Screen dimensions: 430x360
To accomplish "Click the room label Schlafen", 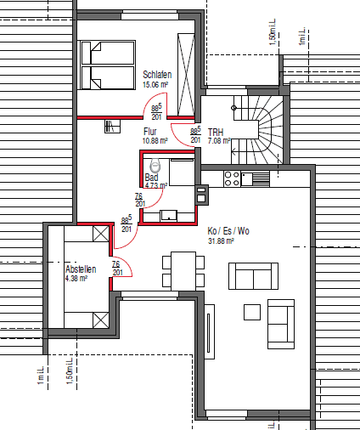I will (158, 75).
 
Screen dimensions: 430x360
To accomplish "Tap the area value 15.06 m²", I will (158, 85).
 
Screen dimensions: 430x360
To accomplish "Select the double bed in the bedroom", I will (108, 65).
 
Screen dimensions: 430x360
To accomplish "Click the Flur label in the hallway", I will (150, 131).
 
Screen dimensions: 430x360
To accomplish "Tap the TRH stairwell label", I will (216, 133).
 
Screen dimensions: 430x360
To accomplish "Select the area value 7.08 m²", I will (219, 143).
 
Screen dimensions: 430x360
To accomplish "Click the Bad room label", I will (151, 178).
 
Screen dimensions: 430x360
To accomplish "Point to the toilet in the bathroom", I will (155, 164).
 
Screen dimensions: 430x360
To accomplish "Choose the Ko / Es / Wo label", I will (228, 231).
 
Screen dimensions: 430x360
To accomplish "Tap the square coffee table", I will (251, 312).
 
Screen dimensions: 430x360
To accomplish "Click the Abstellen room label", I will (82, 269).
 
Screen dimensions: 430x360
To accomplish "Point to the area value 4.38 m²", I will (78, 278).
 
